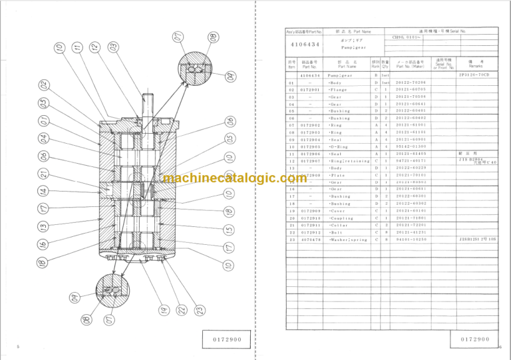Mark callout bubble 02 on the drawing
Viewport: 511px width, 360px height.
point(43,86)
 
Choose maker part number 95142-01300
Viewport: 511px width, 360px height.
point(411,146)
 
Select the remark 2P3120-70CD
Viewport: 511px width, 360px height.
point(474,75)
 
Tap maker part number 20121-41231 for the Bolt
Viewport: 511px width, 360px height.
point(411,232)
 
